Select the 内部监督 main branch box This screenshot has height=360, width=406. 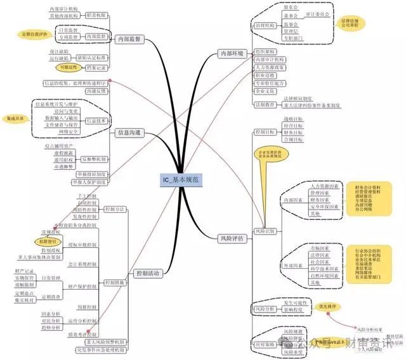point(129,39)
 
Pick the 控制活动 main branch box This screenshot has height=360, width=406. point(147,273)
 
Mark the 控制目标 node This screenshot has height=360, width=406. point(264,132)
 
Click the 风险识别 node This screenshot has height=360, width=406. point(265,231)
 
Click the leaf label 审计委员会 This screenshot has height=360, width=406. point(317,13)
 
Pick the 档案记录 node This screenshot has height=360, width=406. point(95,67)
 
